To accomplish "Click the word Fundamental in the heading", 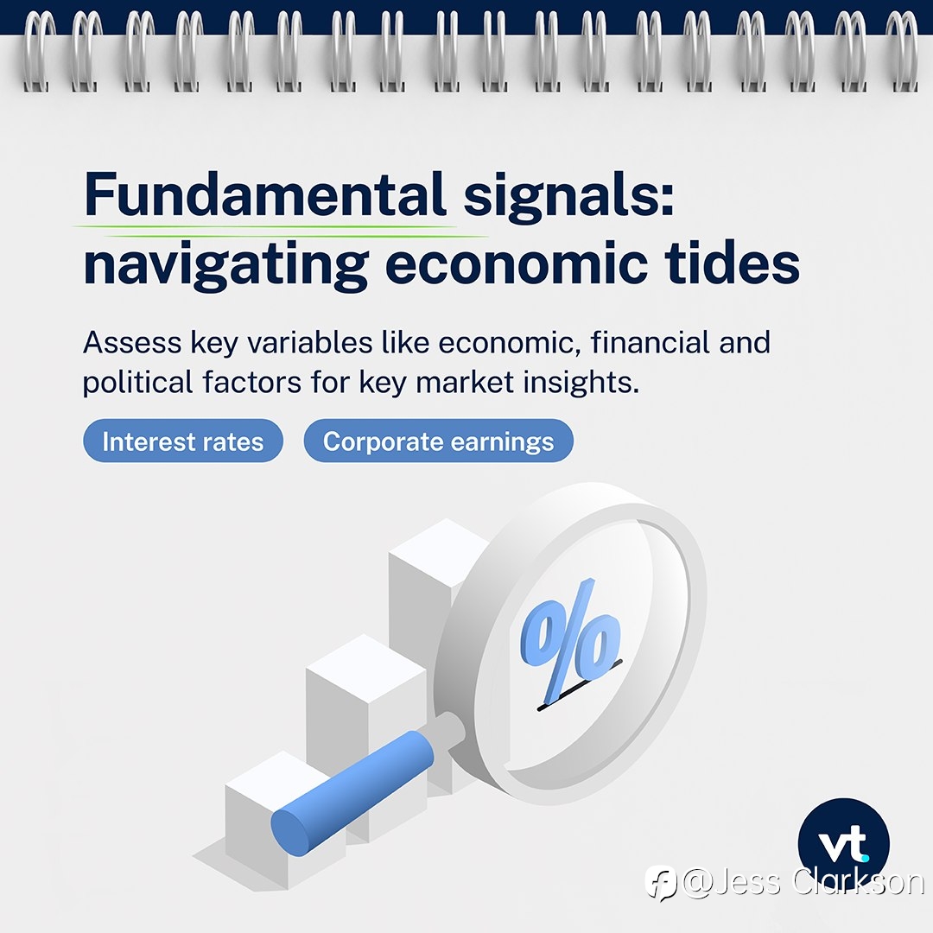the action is pyautogui.click(x=265, y=194).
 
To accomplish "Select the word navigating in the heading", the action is pyautogui.click(x=225, y=266).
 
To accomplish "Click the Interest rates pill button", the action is pyautogui.click(x=182, y=441).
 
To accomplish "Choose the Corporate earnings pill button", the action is pyautogui.click(x=439, y=441).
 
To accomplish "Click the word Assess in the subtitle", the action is pyautogui.click(x=132, y=343).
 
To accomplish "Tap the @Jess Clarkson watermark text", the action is pyautogui.click(x=803, y=882).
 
